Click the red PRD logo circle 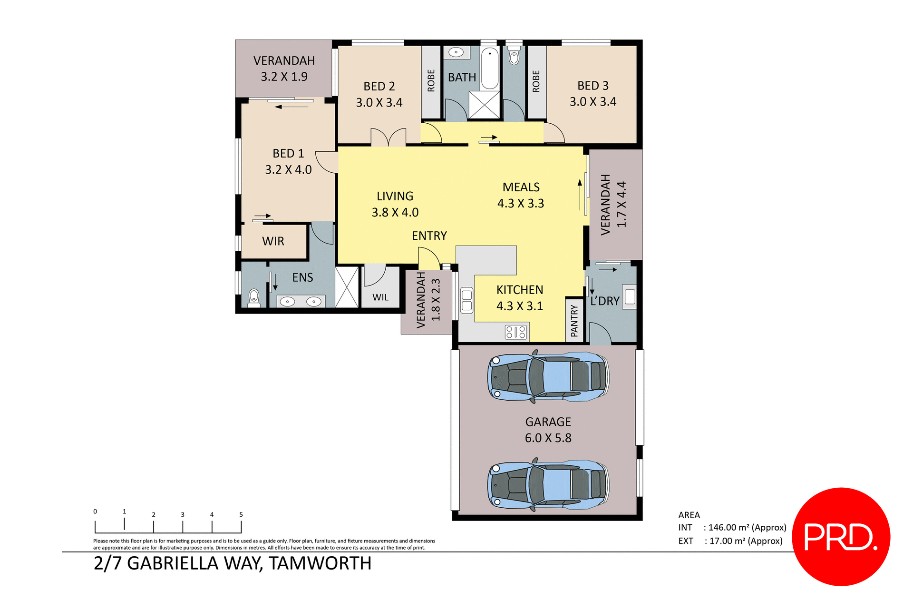[x=841, y=536]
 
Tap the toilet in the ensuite [x=254, y=297]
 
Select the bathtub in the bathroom [x=489, y=68]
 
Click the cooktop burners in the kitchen [x=516, y=332]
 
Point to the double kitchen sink [x=466, y=301]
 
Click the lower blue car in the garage [x=548, y=484]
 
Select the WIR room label [x=273, y=241]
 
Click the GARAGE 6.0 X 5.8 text [x=548, y=430]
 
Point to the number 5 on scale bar [x=241, y=514]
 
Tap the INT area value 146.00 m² [x=747, y=527]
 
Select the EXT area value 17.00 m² [x=746, y=541]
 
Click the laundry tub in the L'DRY [x=630, y=297]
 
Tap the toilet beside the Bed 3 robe [x=514, y=56]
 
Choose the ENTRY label [x=429, y=236]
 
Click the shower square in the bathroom [x=484, y=105]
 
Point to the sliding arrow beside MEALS [x=580, y=195]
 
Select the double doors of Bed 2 [x=389, y=137]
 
